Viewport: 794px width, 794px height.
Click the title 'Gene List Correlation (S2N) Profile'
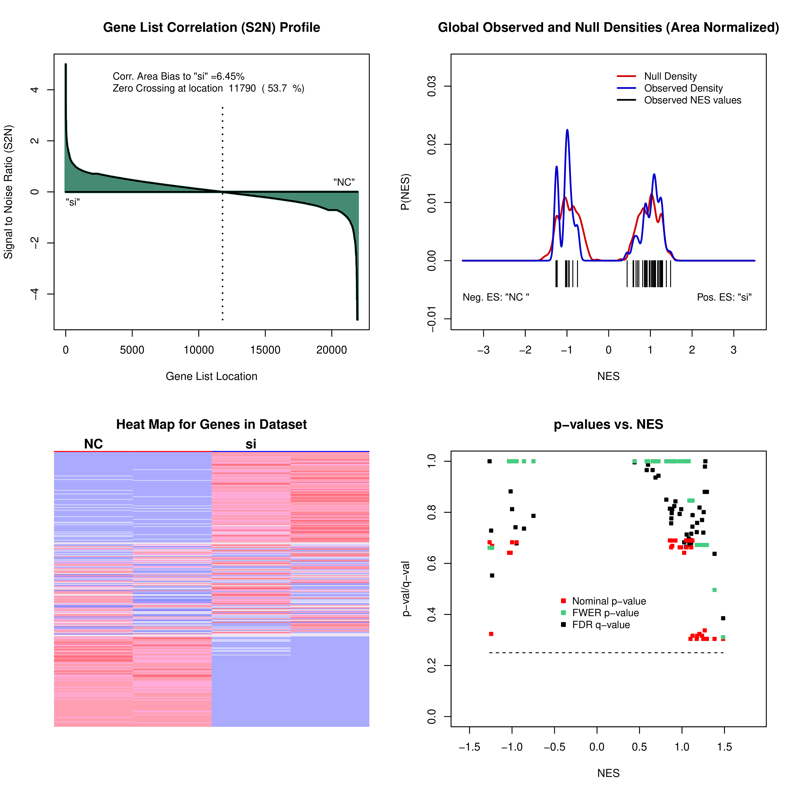(x=211, y=28)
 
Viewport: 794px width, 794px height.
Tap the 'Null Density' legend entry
(x=670, y=76)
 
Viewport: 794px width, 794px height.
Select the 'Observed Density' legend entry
(x=683, y=88)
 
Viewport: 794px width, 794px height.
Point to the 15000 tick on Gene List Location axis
(x=265, y=350)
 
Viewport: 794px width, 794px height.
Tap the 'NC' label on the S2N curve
(x=344, y=182)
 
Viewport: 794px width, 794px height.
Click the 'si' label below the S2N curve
(x=73, y=202)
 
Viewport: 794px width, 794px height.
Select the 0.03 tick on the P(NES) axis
(x=432, y=86)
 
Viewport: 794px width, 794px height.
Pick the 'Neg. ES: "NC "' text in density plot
(x=496, y=297)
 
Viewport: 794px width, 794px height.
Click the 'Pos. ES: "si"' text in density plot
(x=724, y=297)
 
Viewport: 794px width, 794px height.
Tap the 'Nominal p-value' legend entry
(x=609, y=601)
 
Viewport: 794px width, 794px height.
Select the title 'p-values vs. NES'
(x=608, y=425)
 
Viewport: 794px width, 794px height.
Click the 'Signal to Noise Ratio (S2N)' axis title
(x=9, y=192)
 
